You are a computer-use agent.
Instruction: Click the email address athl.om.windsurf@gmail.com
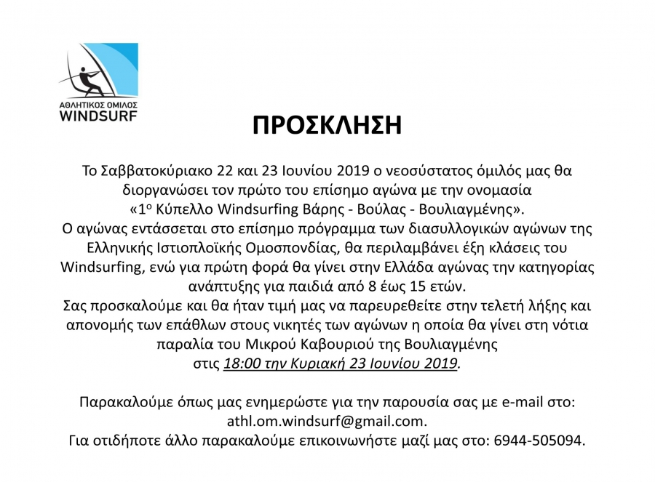pos(327,420)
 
